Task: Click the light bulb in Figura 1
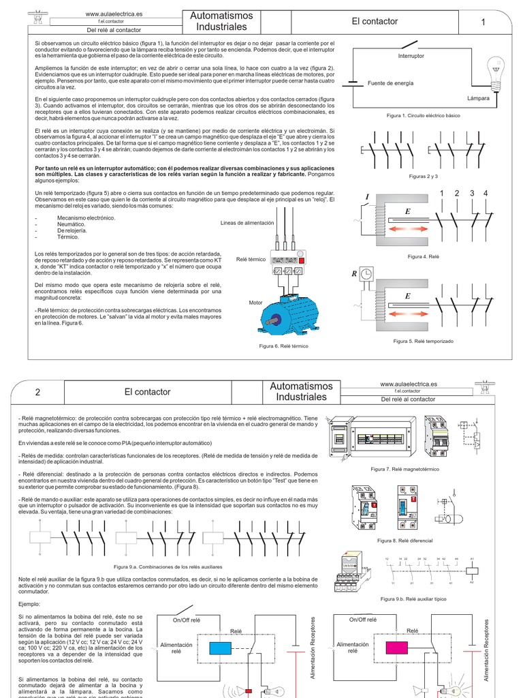pyautogui.click(x=495, y=70)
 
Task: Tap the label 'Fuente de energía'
pyautogui.click(x=390, y=83)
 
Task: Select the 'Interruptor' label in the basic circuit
pyautogui.click(x=411, y=56)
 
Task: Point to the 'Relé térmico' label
pyautogui.click(x=251, y=260)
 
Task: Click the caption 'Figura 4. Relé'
pyautogui.click(x=424, y=256)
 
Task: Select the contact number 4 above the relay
pyautogui.click(x=486, y=194)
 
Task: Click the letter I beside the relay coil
pyautogui.click(x=366, y=197)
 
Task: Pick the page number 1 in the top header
pyautogui.click(x=483, y=22)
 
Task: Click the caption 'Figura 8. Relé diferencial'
pyautogui.click(x=405, y=540)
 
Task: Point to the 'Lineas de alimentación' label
pyautogui.click(x=247, y=223)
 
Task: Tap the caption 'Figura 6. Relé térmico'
pyautogui.click(x=283, y=346)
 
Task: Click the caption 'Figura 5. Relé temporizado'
pyautogui.click(x=423, y=340)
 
